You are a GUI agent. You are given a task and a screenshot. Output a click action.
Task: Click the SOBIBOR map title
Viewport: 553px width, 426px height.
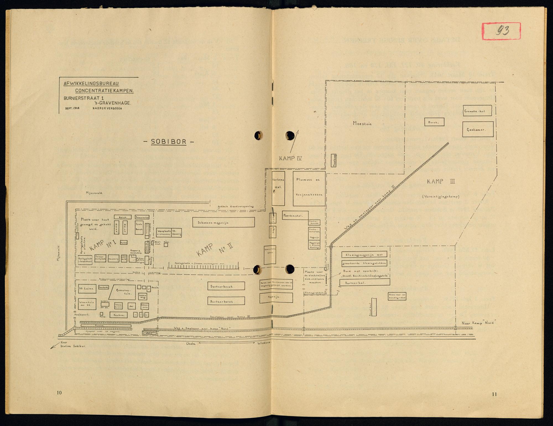(168, 142)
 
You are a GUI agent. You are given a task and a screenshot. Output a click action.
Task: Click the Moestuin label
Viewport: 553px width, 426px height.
(362, 123)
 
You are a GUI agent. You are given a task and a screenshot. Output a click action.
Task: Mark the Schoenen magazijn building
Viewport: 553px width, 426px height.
(223, 222)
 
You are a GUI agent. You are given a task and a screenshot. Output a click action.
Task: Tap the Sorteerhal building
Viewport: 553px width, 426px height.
(365, 282)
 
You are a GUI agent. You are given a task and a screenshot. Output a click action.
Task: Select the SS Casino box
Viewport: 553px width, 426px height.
(87, 288)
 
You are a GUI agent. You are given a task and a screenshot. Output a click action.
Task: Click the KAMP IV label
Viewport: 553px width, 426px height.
(290, 159)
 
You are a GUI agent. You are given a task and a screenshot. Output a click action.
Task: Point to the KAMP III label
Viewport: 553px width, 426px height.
(441, 182)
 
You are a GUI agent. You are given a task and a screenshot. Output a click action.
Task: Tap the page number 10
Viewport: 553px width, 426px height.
(59, 393)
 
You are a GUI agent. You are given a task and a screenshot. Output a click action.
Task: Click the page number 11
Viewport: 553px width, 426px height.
(494, 394)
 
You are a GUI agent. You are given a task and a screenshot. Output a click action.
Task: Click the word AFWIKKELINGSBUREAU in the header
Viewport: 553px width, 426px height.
(91, 84)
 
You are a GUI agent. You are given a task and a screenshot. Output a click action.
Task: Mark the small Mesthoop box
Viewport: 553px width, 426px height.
(334, 161)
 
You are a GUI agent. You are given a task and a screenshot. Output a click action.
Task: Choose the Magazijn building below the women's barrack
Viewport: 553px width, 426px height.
(276, 297)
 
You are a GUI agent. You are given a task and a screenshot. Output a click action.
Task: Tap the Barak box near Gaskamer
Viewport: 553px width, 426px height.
(434, 122)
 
